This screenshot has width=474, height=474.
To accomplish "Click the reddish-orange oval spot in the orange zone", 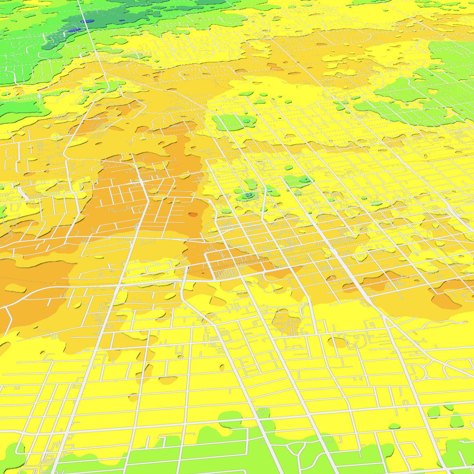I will (192, 215).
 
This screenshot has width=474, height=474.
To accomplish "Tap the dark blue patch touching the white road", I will (87, 21).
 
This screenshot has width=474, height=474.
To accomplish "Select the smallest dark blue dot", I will (121, 20).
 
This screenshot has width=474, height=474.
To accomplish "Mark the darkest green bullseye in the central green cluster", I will (248, 196).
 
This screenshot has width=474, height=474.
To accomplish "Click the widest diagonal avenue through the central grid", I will (327, 241).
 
